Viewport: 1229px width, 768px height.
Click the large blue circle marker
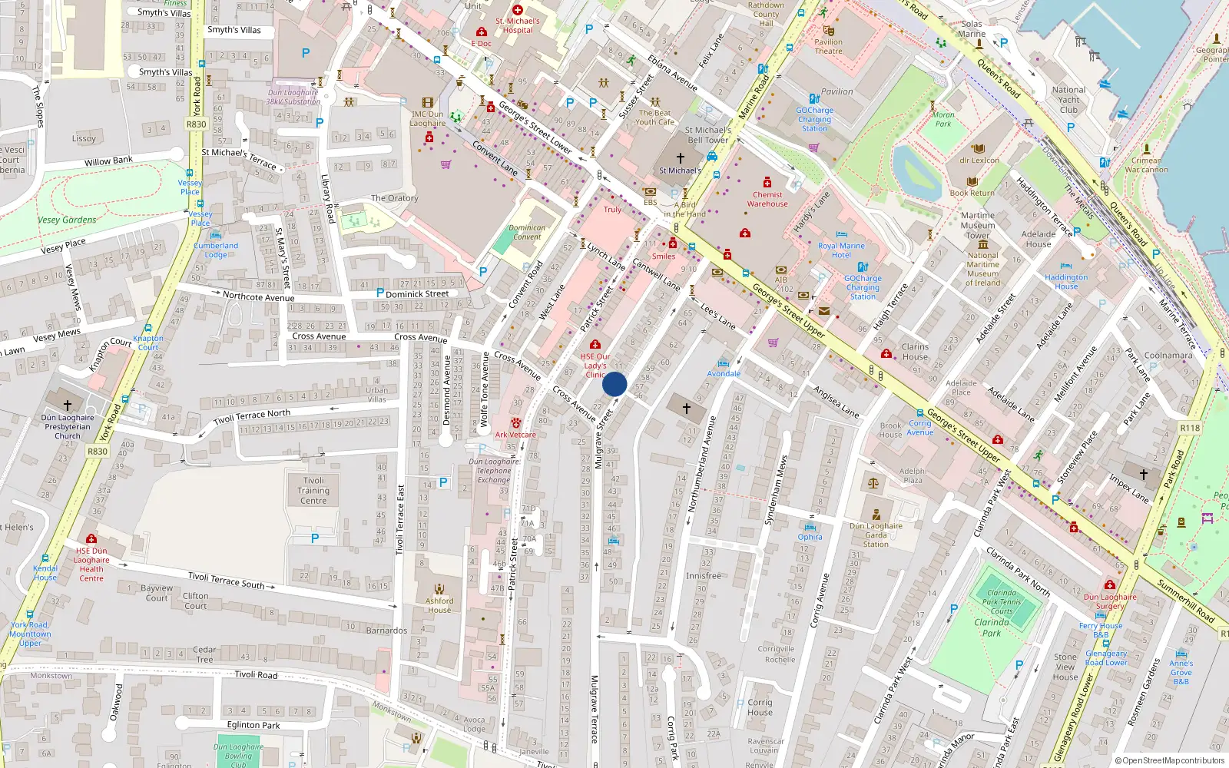(614, 384)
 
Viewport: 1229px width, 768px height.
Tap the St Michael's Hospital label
(517, 25)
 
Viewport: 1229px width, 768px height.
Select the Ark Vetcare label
(515, 435)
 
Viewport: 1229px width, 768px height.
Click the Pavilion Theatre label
(828, 47)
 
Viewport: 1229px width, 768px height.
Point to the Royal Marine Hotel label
(841, 250)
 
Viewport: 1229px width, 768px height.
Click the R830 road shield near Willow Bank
(197, 124)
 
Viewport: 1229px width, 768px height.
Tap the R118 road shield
(1189, 428)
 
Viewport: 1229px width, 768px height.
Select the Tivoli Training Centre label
(313, 490)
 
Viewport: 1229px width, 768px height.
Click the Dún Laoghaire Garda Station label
(876, 535)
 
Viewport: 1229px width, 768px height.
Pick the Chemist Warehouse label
(767, 199)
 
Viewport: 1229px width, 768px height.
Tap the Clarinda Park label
(992, 627)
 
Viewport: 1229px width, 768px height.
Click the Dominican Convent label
(527, 232)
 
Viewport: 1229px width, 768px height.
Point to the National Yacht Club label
(1068, 100)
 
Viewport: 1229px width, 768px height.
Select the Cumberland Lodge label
(216, 250)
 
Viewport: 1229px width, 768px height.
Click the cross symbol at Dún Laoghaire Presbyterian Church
(68, 404)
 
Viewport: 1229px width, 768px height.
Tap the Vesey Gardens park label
(67, 220)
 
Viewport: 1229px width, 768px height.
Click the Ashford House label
(439, 605)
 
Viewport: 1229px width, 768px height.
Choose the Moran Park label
(943, 119)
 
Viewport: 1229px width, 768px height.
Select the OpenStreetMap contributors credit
(1170, 760)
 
